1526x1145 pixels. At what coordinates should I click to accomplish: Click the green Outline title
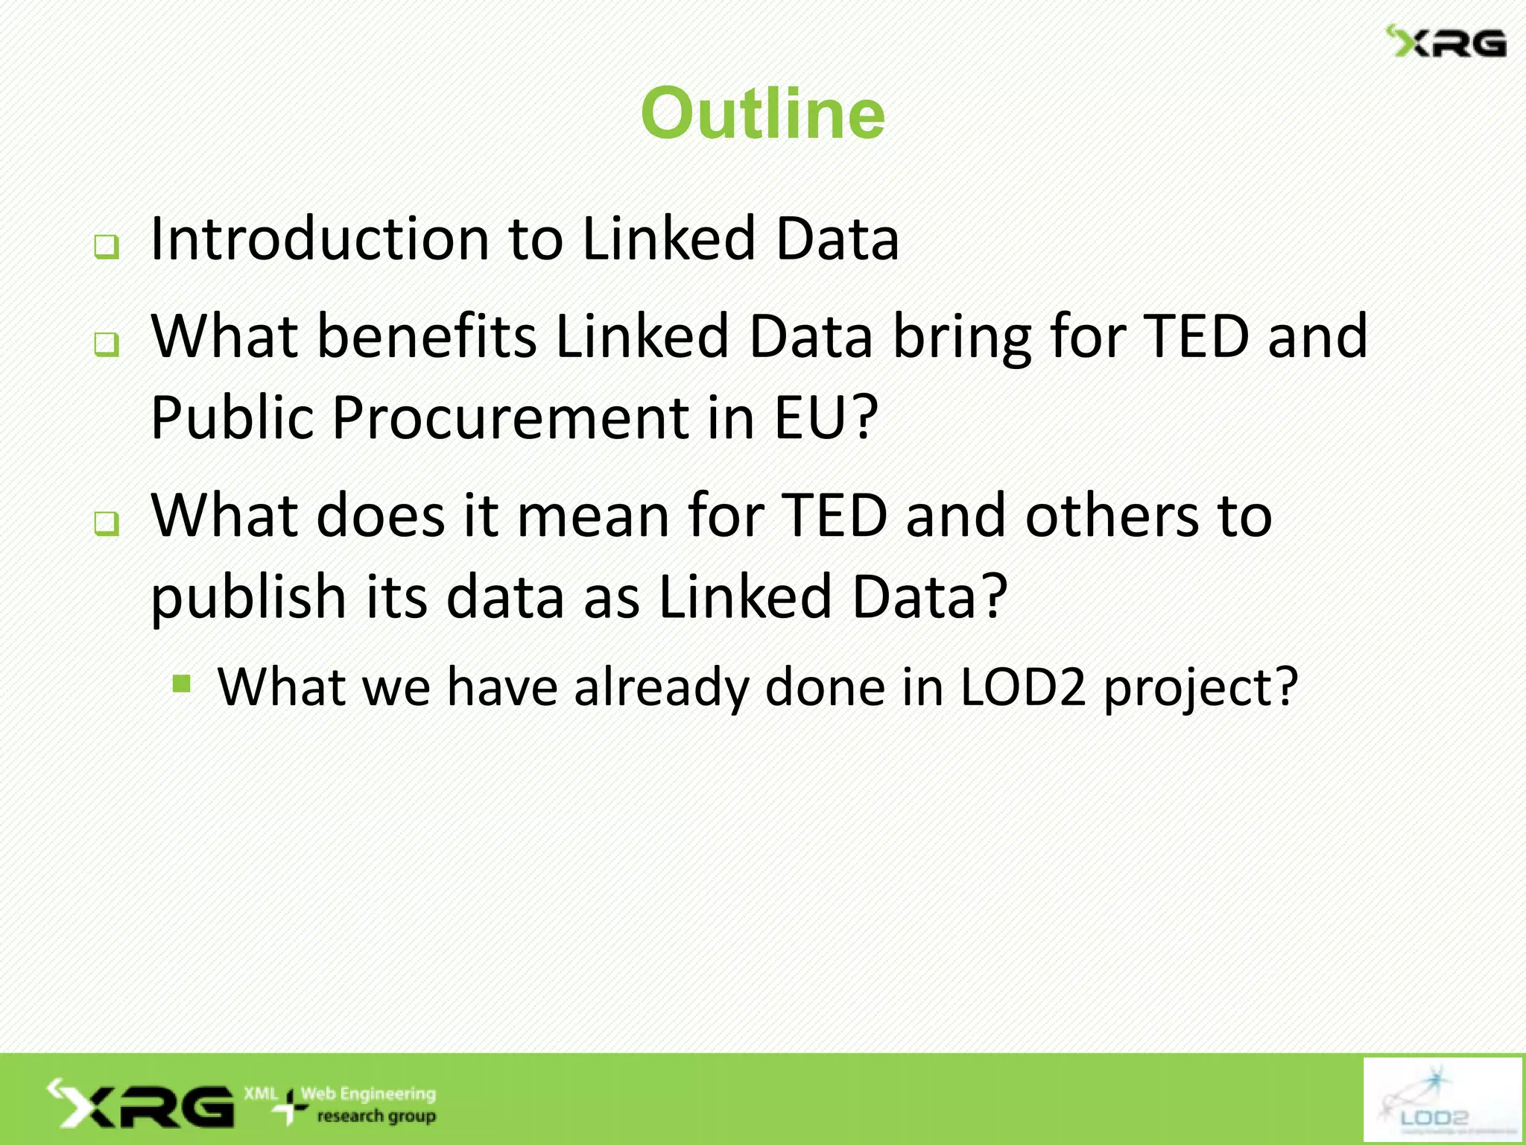click(762, 113)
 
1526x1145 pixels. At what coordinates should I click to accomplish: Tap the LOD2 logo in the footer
click(1441, 1100)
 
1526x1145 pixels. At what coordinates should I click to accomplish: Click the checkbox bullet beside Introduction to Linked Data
click(107, 247)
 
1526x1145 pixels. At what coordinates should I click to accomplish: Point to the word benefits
click(427, 336)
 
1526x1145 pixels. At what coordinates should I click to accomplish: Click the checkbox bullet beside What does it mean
click(107, 523)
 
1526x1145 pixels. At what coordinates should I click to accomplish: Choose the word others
click(1111, 516)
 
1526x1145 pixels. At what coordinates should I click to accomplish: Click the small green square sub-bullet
click(181, 683)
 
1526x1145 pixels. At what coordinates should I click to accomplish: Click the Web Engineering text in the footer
click(368, 1094)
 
